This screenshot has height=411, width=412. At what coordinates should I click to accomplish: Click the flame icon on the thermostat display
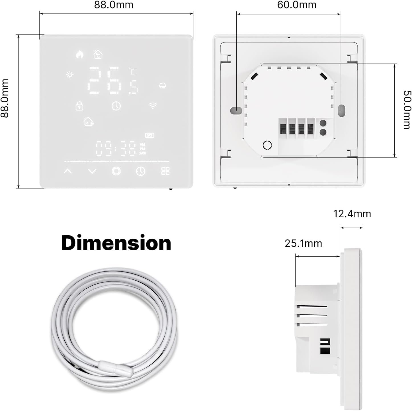79,54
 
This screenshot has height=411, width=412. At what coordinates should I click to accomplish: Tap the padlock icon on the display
79,106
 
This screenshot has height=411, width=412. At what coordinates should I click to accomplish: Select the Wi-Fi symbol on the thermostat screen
153,106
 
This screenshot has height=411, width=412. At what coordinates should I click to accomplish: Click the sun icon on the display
70,75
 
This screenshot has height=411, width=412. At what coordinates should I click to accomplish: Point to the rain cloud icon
163,85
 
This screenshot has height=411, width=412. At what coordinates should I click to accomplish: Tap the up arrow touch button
68,171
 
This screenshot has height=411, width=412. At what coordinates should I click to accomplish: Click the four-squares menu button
165,171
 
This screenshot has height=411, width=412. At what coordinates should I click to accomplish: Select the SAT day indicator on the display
149,135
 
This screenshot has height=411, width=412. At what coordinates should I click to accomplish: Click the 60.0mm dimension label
297,5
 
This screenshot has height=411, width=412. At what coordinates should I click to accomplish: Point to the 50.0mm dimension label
407,110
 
